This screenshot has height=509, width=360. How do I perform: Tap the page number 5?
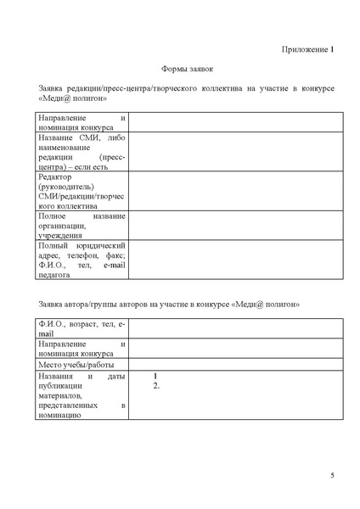pyautogui.click(x=332, y=474)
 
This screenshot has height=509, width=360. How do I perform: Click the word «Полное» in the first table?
pyautogui.click(x=53, y=215)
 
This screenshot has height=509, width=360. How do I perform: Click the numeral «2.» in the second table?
pyautogui.click(x=156, y=386)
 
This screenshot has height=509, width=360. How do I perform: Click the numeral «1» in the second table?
pyautogui.click(x=155, y=376)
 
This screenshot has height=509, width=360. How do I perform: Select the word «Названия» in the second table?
pyautogui.click(x=58, y=376)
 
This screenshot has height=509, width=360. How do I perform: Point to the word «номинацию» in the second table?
pyautogui.click(x=59, y=416)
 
